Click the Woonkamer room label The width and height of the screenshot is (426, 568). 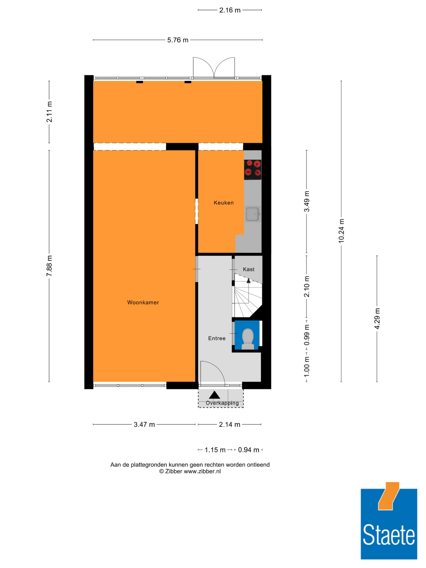143,302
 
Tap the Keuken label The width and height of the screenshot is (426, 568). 224,203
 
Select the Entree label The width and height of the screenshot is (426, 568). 217,338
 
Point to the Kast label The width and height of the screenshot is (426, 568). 249,269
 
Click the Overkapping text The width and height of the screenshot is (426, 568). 222,403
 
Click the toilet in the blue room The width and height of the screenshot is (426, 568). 248,339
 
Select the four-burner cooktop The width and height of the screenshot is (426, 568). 253,170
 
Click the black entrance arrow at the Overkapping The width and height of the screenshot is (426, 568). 214,395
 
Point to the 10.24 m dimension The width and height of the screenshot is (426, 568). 341,231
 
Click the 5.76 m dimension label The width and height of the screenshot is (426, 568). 178,40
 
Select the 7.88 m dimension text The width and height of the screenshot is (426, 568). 49,266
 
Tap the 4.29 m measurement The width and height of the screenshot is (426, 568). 377,319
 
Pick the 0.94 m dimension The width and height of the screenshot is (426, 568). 248,450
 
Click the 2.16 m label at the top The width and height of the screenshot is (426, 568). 230,10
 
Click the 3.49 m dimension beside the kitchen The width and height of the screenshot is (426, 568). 307,201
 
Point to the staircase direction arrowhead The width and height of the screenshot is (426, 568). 248,281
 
